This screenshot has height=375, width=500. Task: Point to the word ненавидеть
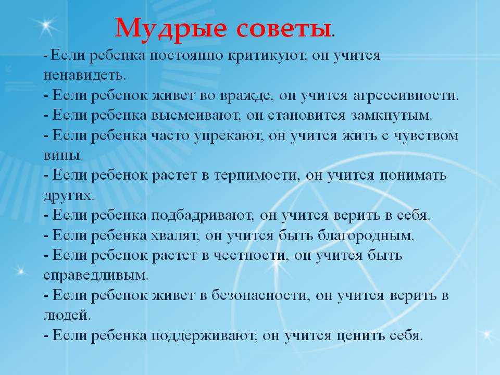85,75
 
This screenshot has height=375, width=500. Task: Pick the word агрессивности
406,96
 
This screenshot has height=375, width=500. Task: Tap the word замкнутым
392,116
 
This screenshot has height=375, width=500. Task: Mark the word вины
63,156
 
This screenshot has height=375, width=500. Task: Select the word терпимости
257,176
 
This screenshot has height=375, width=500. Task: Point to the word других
69,196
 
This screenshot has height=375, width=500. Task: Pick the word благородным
366,235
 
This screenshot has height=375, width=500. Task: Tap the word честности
251,256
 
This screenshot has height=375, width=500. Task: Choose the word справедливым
96,276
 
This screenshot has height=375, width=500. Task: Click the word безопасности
261,295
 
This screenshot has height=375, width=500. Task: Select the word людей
67,316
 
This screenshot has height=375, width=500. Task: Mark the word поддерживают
204,336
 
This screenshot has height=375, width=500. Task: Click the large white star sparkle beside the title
46,25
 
